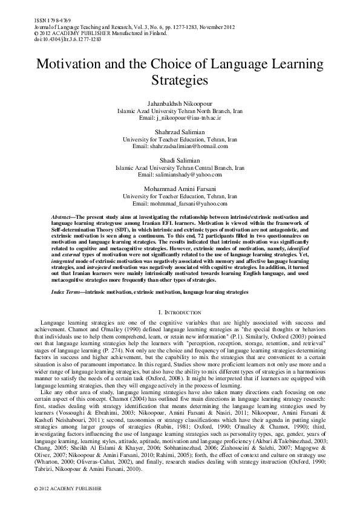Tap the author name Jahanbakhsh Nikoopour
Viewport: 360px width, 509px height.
point(180,105)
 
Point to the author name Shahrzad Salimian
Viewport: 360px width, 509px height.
point(180,132)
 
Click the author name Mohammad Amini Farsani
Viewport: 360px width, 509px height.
point(180,189)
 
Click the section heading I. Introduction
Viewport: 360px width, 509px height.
point(180,311)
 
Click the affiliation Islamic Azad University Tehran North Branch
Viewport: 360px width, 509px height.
point(180,112)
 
